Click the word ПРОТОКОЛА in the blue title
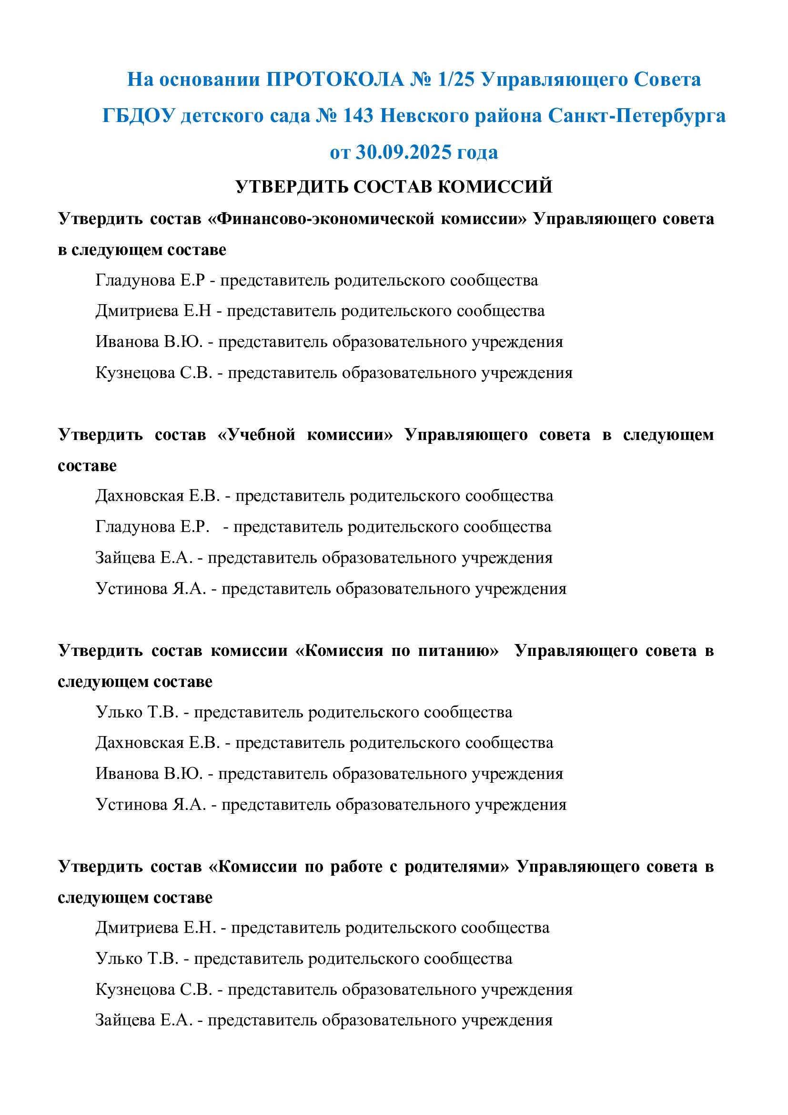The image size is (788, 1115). pos(335,79)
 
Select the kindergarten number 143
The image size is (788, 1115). pos(358,115)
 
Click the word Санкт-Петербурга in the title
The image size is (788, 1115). pos(636,115)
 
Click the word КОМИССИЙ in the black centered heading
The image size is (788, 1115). pos(495,186)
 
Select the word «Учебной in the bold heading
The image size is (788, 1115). pos(256,434)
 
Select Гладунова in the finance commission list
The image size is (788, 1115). pos(135,280)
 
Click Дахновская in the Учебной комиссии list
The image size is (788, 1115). pos(140,496)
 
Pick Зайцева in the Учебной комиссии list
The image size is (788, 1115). pos(125,558)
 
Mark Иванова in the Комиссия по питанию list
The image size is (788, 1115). pos(127,774)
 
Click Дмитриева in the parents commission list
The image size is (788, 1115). pos(137,928)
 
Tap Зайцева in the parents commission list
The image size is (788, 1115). pos(125,1020)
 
